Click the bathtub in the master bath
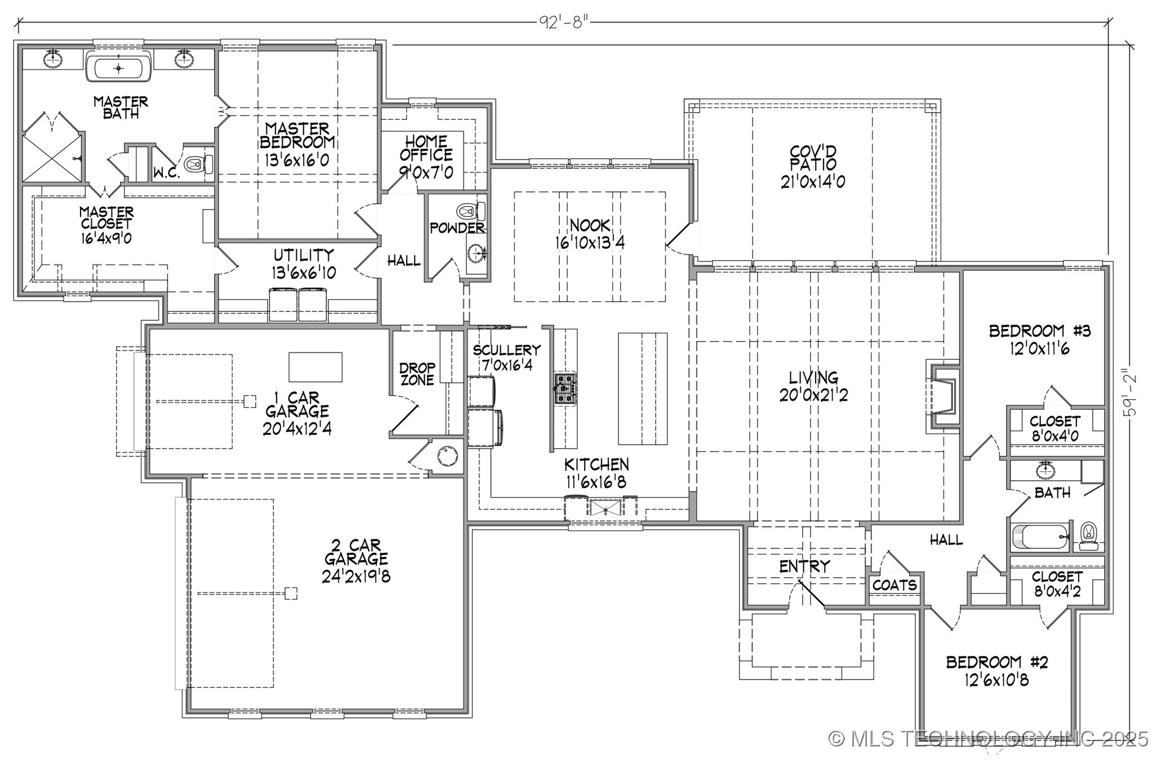[118, 68]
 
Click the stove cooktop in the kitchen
[565, 388]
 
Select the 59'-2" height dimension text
[1129, 392]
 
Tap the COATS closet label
[894, 585]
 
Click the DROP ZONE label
[417, 374]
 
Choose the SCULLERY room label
[506, 350]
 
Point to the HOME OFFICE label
[426, 148]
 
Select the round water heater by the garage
[448, 455]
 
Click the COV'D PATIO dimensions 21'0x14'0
[813, 182]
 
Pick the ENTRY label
[804, 566]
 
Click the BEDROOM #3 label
[1039, 331]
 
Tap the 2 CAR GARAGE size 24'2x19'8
[356, 576]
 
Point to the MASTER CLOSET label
[106, 218]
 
